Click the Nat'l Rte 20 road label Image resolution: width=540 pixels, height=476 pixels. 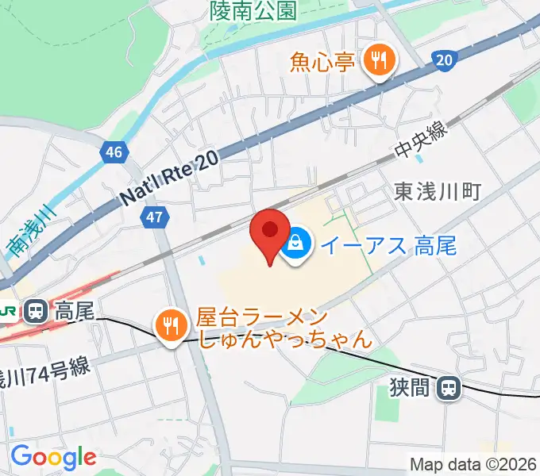tap(168, 181)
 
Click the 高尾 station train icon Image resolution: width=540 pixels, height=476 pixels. tap(35, 312)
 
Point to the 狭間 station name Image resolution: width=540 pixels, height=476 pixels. tap(410, 388)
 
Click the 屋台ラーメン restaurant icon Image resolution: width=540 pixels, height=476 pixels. tap(170, 324)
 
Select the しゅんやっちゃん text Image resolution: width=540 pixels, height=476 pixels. tap(284, 340)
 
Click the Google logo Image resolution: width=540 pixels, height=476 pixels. tap(52, 457)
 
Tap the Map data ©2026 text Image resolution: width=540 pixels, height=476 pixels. tap(472, 464)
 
